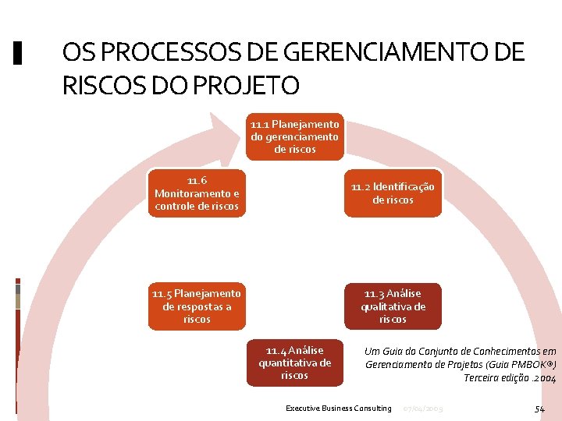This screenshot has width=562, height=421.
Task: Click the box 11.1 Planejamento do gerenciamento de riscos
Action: (294, 136)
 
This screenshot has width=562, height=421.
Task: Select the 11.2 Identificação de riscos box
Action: (393, 193)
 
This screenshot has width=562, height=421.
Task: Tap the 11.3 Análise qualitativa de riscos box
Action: (393, 306)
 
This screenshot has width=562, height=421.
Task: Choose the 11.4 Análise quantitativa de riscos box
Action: (294, 363)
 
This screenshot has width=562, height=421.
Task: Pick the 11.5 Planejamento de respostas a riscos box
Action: (197, 306)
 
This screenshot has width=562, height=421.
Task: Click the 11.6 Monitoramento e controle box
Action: (197, 193)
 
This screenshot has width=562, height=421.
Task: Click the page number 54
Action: (539, 409)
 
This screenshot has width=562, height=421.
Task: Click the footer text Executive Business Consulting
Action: (338, 409)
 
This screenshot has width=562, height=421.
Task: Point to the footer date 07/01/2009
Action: (421, 409)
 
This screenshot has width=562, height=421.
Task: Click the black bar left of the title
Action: (19, 53)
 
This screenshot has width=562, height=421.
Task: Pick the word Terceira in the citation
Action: (482, 378)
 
